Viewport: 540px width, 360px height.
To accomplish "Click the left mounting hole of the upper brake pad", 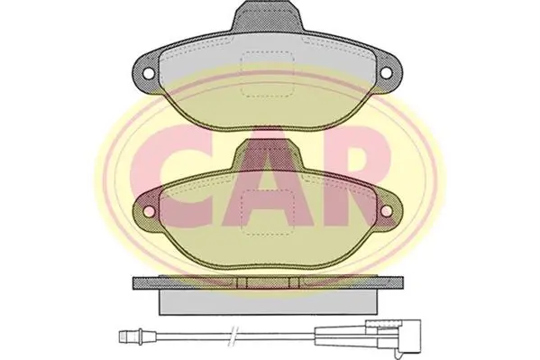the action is [x=149, y=73].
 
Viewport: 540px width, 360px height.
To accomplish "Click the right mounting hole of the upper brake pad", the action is [x=386, y=72].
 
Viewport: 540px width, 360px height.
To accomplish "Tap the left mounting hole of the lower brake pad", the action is [x=149, y=211].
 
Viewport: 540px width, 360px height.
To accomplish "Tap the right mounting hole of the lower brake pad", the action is [x=386, y=210].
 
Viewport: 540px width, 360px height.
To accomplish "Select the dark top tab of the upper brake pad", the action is [x=267, y=16].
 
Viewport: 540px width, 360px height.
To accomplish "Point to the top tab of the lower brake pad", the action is [x=267, y=155].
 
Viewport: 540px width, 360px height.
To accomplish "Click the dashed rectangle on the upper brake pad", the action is [x=267, y=73].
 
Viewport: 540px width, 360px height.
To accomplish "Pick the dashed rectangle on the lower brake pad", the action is [x=267, y=213].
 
